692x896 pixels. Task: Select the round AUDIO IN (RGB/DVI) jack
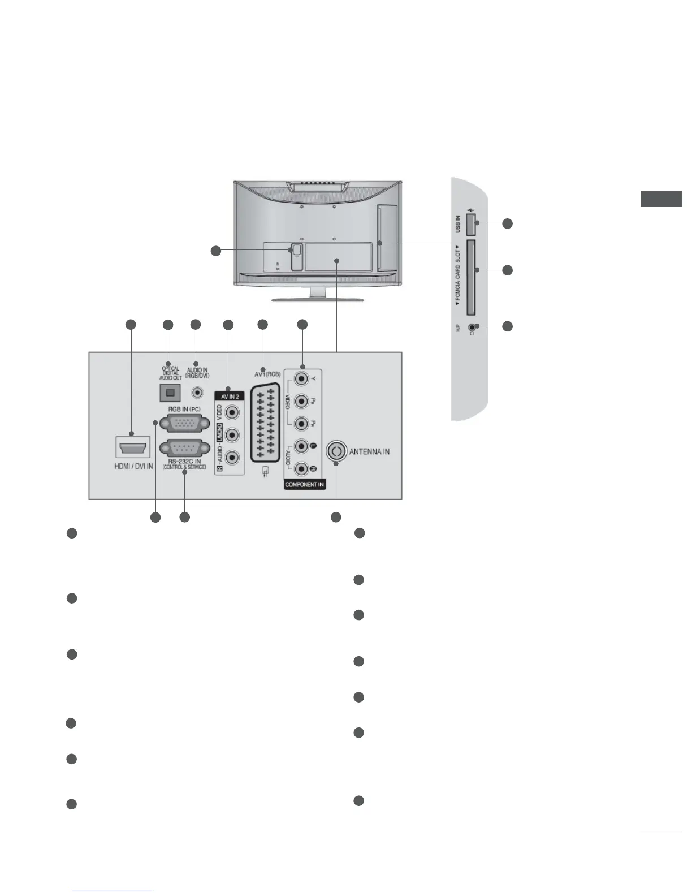point(197,391)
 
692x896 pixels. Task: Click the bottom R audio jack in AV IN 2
point(231,458)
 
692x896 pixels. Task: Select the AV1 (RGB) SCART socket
point(263,421)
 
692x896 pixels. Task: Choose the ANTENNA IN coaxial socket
point(336,451)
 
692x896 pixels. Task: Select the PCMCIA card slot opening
point(470,277)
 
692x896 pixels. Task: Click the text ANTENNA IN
point(369,452)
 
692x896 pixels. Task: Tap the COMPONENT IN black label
point(304,485)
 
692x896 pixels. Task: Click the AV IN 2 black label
point(230,397)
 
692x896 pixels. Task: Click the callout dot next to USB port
point(508,223)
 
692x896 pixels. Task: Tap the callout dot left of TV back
point(215,251)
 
